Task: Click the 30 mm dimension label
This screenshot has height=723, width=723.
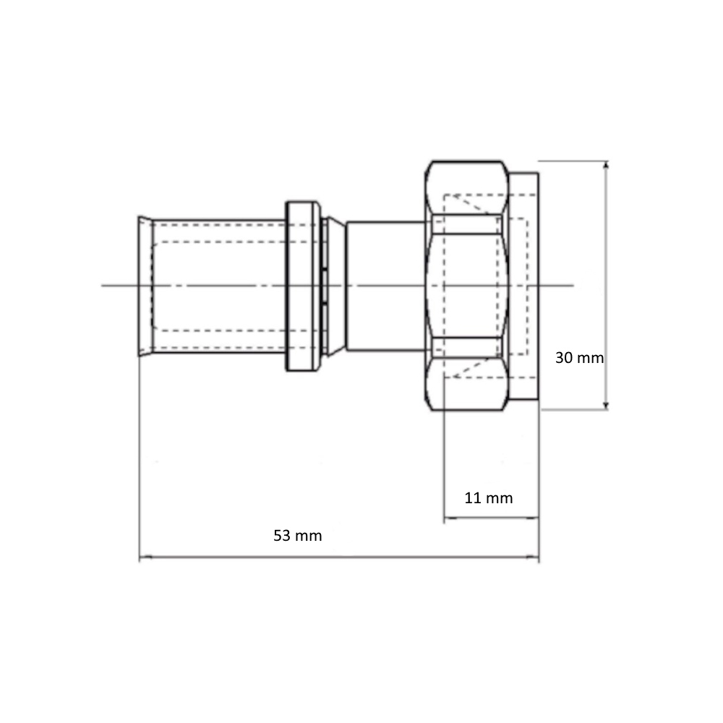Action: click(x=579, y=358)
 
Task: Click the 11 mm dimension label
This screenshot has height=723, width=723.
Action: click(x=488, y=498)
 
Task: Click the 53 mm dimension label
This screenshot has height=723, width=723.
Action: click(x=297, y=536)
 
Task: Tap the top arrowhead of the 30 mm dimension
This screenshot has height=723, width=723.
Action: click(x=606, y=165)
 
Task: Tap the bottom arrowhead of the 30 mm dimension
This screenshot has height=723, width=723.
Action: click(x=606, y=405)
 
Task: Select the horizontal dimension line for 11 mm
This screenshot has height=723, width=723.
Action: click(x=491, y=518)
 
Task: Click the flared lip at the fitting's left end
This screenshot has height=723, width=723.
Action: click(x=145, y=286)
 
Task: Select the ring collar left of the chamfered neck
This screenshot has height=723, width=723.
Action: click(x=303, y=286)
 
